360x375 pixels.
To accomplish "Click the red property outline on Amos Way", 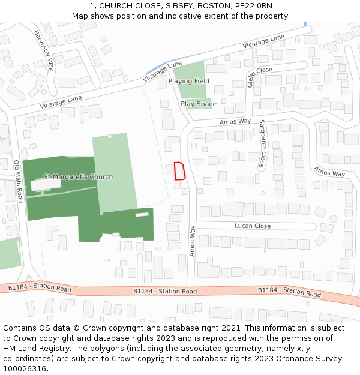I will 179,171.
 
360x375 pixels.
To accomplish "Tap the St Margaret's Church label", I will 78,177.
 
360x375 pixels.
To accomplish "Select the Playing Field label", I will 188,81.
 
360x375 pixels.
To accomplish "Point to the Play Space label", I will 199,104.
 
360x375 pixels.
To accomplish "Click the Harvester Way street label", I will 43,49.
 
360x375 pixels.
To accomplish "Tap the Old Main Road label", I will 18,181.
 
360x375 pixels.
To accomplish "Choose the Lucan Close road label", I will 253,226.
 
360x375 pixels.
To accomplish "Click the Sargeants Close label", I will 262,143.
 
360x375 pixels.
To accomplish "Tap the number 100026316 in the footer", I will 25,368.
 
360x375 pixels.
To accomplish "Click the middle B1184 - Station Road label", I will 165,291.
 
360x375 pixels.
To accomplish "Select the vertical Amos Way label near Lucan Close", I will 193,241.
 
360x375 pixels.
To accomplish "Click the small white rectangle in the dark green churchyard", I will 142,214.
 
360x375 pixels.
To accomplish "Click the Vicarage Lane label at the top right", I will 263,42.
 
